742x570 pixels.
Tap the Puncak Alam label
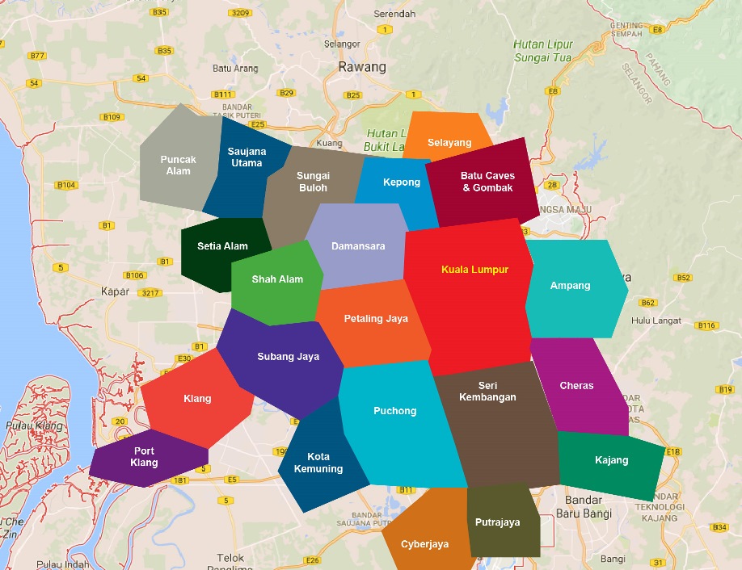pos(178,166)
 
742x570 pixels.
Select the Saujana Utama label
pos(247,157)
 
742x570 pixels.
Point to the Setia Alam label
pos(222,246)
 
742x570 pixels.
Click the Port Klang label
pos(145,457)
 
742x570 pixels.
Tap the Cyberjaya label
pos(424,544)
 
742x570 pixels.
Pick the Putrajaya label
pos(497,522)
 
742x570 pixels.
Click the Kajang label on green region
pos(611,460)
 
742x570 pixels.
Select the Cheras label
pos(576,386)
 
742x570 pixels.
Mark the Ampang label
pos(570,286)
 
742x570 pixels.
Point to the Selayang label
pos(449,143)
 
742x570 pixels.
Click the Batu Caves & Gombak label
pos(487,182)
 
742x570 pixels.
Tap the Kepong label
pos(402,182)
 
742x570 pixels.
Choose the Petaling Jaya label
pos(376,319)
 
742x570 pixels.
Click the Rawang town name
pos(362,67)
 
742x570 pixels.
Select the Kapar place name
pos(115,291)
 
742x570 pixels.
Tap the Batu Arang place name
pos(235,69)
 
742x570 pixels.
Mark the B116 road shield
pos(706,325)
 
